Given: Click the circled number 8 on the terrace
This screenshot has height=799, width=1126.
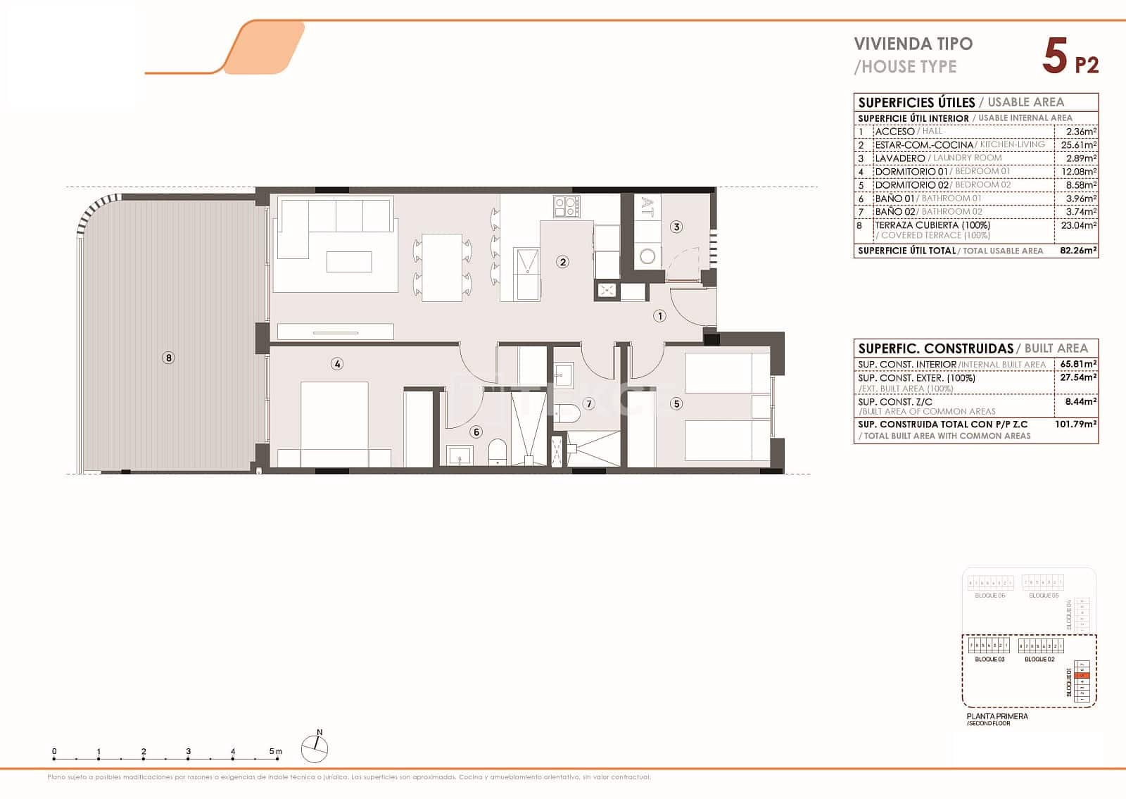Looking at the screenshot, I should tap(168, 358).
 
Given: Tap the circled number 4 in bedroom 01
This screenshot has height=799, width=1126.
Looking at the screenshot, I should tap(338, 364).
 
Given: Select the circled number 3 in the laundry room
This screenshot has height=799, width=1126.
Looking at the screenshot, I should tap(676, 227).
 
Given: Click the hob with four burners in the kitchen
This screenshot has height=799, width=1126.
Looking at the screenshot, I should tap(567, 206).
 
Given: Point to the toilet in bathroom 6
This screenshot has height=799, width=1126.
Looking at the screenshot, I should tap(497, 451).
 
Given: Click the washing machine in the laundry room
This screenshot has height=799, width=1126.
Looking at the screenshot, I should tap(647, 256).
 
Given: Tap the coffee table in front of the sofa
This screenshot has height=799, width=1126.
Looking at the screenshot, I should tap(349, 261).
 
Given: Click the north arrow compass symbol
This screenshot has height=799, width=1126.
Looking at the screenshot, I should tap(315, 748).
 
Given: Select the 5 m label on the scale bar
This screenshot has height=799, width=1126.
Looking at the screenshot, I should tap(275, 751).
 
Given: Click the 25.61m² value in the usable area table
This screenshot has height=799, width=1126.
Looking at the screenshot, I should tap(1078, 145).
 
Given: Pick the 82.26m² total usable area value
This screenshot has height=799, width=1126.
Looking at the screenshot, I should tap(1078, 250).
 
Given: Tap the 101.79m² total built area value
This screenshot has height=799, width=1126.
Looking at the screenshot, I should tap(1076, 424).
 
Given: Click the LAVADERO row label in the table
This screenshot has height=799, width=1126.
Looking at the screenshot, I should tap(899, 158).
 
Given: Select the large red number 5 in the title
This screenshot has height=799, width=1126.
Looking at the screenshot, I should tap(1055, 56).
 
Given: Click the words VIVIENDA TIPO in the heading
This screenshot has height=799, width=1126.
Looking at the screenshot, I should tap(913, 44).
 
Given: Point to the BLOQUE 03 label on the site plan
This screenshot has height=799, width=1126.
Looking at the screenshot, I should tap(989, 660).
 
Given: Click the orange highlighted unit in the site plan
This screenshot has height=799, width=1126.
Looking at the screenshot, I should tap(1084, 676).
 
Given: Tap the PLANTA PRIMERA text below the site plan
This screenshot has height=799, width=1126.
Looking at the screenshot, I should tap(997, 716).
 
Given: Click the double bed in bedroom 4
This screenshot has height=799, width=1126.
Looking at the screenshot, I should tap(334, 422).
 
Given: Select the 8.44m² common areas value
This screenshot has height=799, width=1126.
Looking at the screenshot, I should tap(1084, 401).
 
